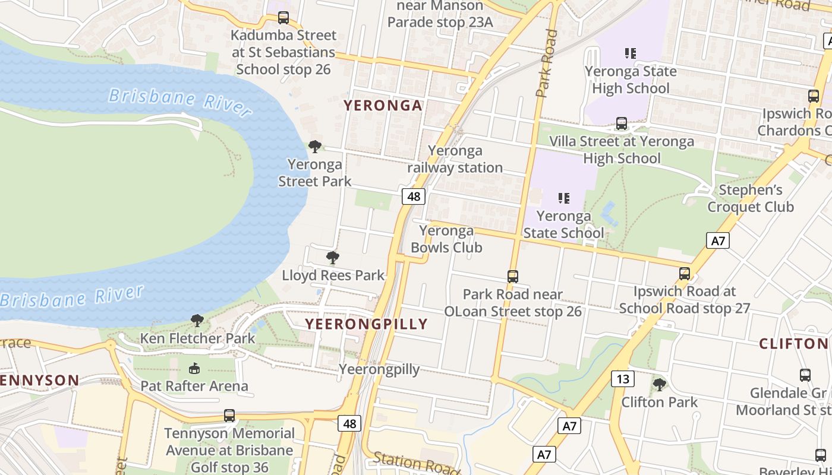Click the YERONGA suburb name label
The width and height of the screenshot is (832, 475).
click(383, 106)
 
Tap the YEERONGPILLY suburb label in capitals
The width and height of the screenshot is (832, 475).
click(366, 324)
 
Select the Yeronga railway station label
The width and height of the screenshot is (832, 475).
click(455, 159)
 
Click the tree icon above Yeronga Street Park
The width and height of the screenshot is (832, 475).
click(315, 146)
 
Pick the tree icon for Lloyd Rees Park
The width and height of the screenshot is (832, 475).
click(333, 258)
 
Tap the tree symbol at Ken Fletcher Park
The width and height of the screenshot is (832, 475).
click(197, 321)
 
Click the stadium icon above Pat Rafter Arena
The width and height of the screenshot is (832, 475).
click(194, 368)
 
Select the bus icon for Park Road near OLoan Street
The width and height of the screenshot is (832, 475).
click(512, 276)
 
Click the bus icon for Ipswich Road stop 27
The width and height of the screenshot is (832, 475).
click(685, 274)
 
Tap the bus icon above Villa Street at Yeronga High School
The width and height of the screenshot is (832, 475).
click(621, 123)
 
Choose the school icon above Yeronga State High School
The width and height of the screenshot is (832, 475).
click(631, 53)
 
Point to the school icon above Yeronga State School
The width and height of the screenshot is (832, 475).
click(563, 198)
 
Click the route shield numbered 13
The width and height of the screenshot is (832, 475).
click(622, 379)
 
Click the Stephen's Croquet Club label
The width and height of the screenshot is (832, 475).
click(750, 198)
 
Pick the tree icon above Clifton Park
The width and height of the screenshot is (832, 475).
click(659, 384)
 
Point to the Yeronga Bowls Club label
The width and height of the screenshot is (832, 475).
click(446, 239)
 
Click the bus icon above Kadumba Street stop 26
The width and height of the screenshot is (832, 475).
click(283, 18)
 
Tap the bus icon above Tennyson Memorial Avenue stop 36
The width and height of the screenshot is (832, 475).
click(229, 416)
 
